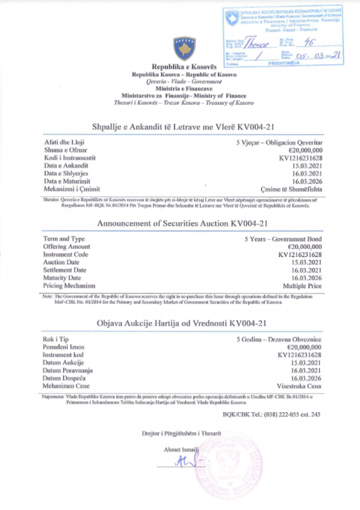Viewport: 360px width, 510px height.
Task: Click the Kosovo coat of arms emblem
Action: [x=184, y=48]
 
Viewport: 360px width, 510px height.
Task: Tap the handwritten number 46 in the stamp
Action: [x=309, y=42]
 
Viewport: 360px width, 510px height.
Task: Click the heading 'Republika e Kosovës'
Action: [x=184, y=67]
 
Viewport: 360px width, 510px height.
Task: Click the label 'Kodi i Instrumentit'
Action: [x=70, y=158]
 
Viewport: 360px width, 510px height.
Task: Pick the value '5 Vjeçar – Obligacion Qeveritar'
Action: [x=279, y=143]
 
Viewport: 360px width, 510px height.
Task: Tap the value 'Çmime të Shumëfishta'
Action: [x=291, y=189]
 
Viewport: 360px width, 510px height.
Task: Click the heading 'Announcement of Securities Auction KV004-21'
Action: [x=182, y=223]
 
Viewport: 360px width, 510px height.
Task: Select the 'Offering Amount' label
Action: [x=66, y=247]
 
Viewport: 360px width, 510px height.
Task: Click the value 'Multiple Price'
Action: [x=302, y=286]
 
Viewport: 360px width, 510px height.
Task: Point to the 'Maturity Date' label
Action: [x=62, y=278]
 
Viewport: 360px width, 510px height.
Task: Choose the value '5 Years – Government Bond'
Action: [x=283, y=239]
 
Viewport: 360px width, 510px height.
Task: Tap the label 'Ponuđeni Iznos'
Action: [x=64, y=347]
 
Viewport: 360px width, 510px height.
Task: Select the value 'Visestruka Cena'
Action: [x=299, y=386]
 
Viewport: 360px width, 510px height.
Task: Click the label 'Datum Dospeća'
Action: [x=64, y=378]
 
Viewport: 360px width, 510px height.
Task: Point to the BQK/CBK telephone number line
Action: [x=271, y=414]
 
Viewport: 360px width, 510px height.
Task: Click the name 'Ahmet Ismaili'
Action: [x=181, y=450]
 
